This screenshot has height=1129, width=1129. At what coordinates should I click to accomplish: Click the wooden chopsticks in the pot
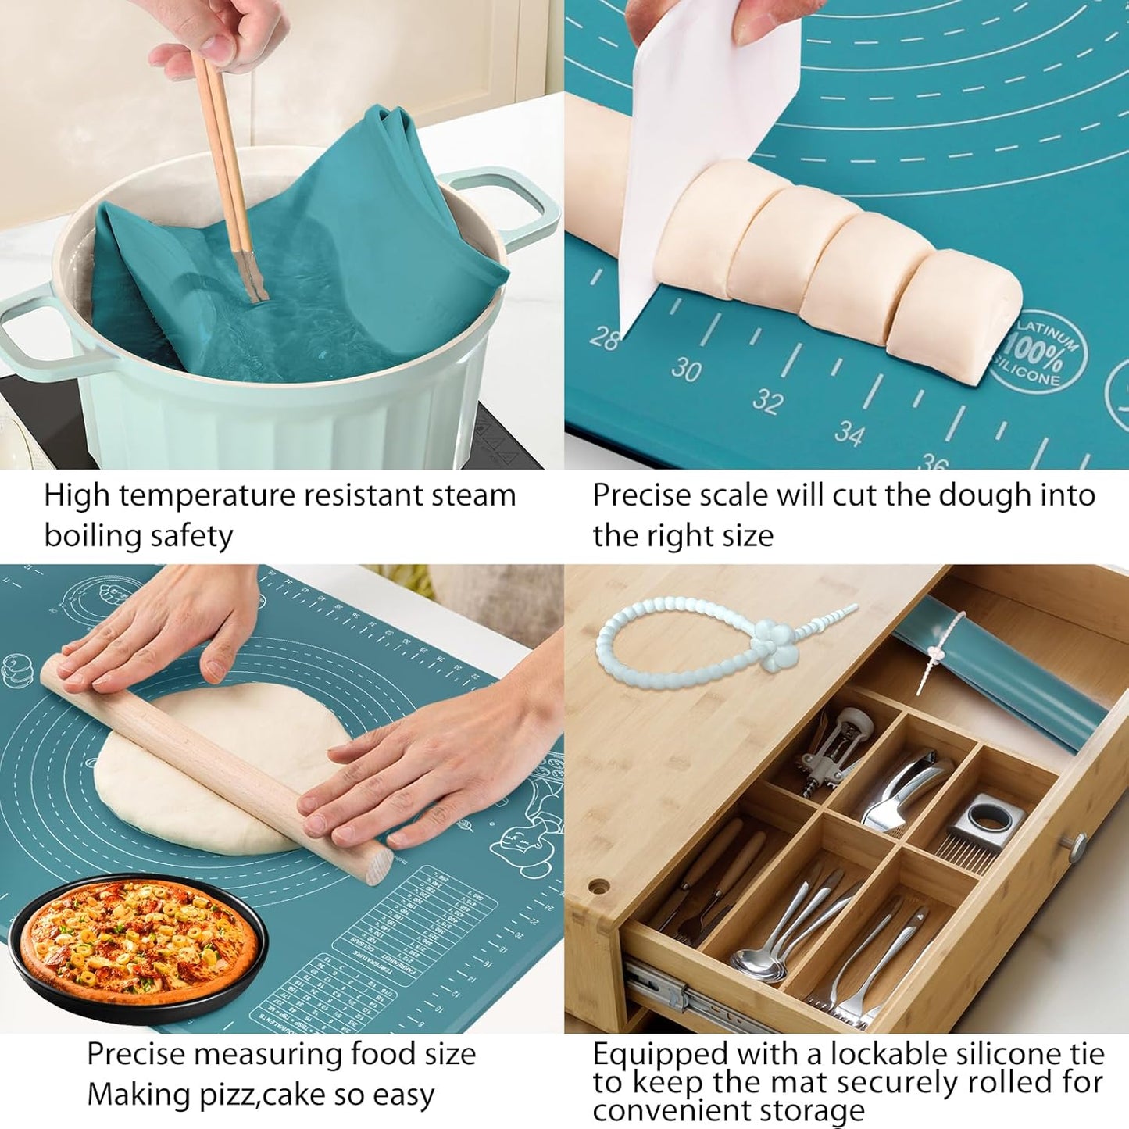[x=227, y=164]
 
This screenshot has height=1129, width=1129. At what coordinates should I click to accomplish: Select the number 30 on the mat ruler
[x=686, y=369]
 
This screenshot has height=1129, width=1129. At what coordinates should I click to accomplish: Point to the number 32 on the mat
[x=767, y=401]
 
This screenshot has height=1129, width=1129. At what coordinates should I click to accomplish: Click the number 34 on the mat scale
[x=849, y=432]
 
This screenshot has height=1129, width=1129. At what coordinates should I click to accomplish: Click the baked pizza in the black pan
[x=137, y=941]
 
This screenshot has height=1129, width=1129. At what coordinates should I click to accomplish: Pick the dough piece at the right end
[x=957, y=313]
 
